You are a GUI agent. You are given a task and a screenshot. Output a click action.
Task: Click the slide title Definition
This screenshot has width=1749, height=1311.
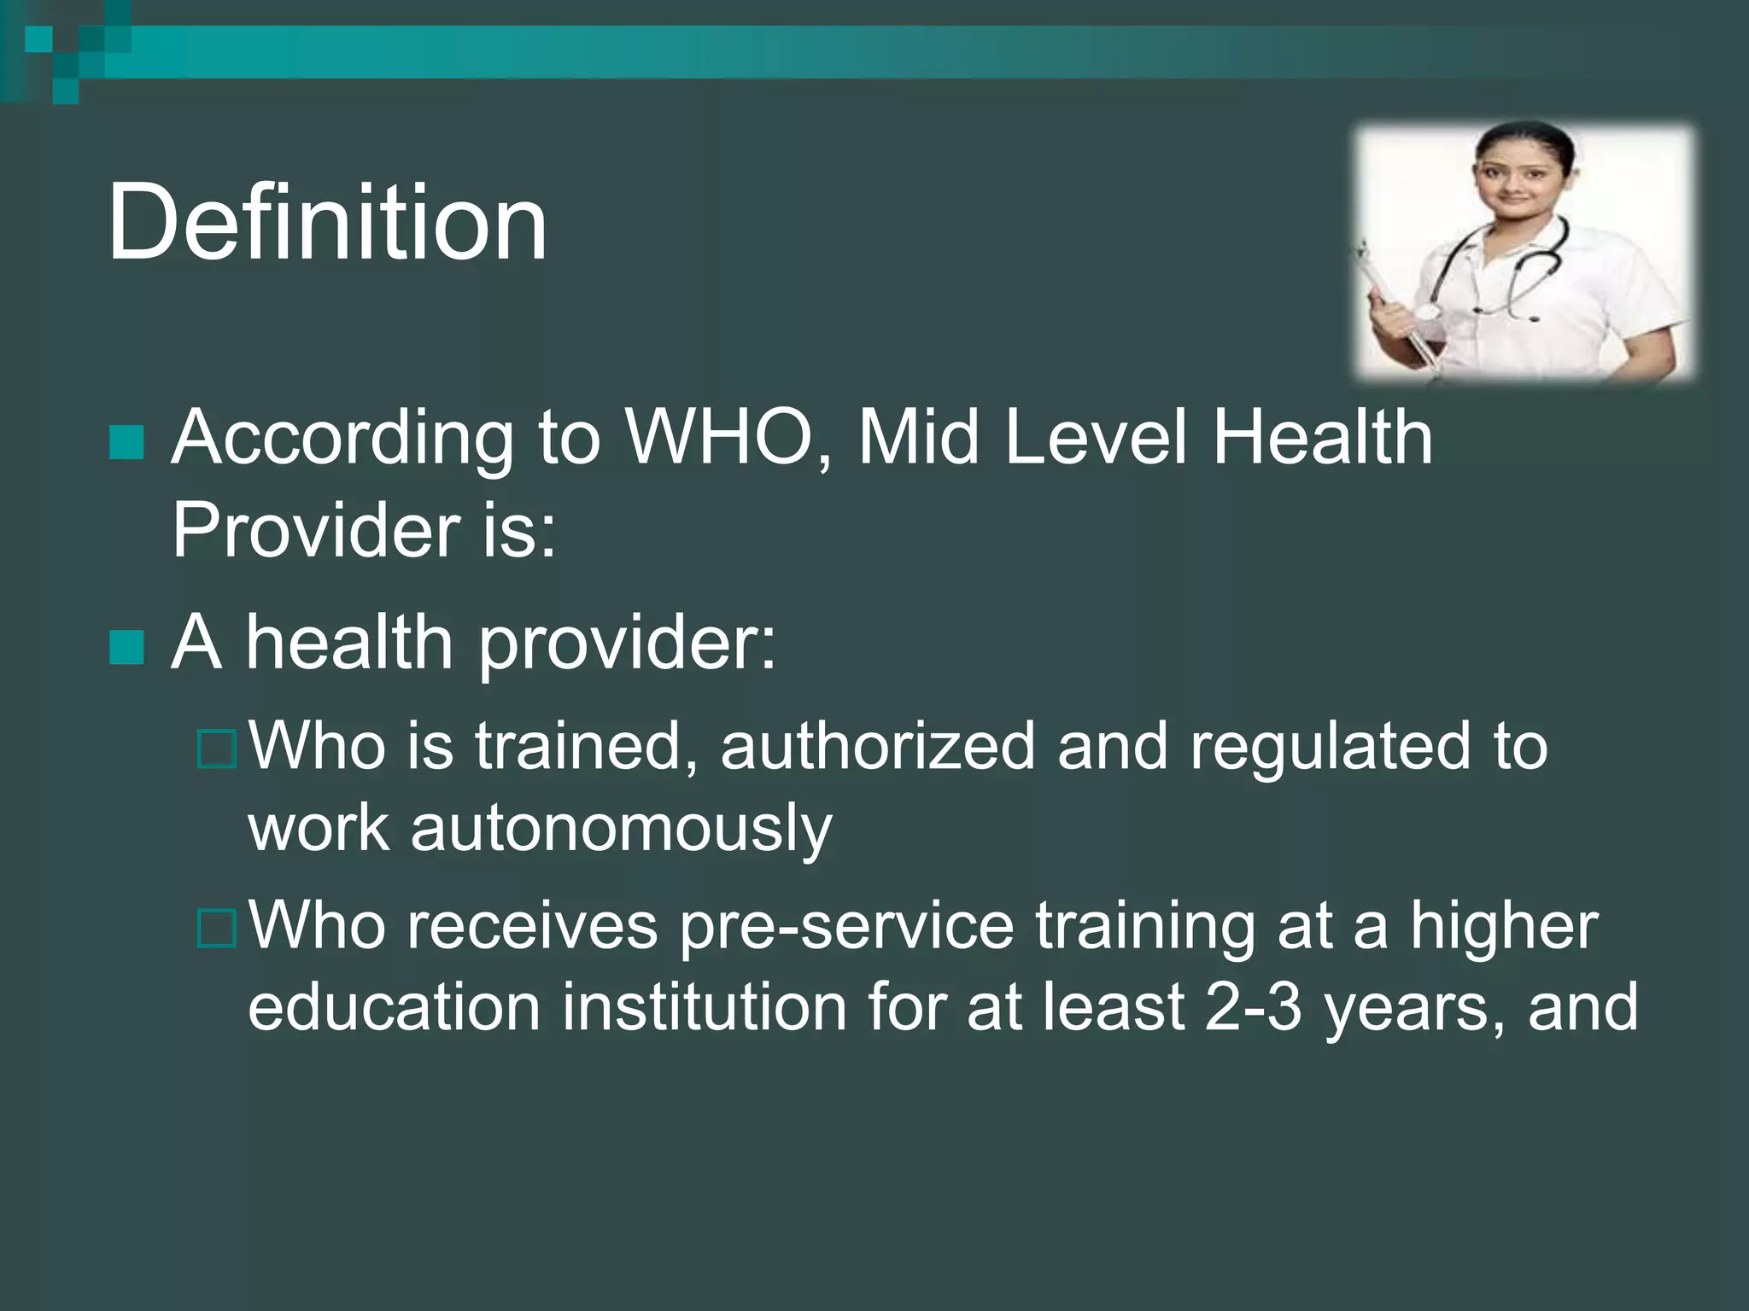(326, 224)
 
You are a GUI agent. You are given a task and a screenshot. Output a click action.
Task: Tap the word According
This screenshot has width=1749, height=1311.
(342, 439)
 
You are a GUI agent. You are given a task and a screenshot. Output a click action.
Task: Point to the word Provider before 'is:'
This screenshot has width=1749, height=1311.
(316, 531)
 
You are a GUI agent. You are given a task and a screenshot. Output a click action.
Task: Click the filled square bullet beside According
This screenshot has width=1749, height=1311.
(127, 442)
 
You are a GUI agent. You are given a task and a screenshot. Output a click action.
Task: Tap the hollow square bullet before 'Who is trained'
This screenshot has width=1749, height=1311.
(216, 749)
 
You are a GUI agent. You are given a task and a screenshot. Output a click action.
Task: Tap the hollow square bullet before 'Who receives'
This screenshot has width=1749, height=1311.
(216, 929)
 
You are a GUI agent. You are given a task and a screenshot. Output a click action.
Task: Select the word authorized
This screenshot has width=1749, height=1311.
(877, 746)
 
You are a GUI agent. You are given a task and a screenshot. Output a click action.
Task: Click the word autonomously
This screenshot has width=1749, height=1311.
(621, 828)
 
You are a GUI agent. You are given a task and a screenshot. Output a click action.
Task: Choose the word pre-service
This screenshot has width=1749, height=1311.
(845, 927)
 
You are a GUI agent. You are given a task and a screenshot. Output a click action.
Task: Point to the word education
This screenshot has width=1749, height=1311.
(394, 1008)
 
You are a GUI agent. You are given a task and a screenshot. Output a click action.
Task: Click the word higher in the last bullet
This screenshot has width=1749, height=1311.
(1503, 927)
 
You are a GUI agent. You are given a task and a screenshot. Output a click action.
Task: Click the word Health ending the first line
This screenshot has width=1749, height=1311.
(1322, 439)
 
